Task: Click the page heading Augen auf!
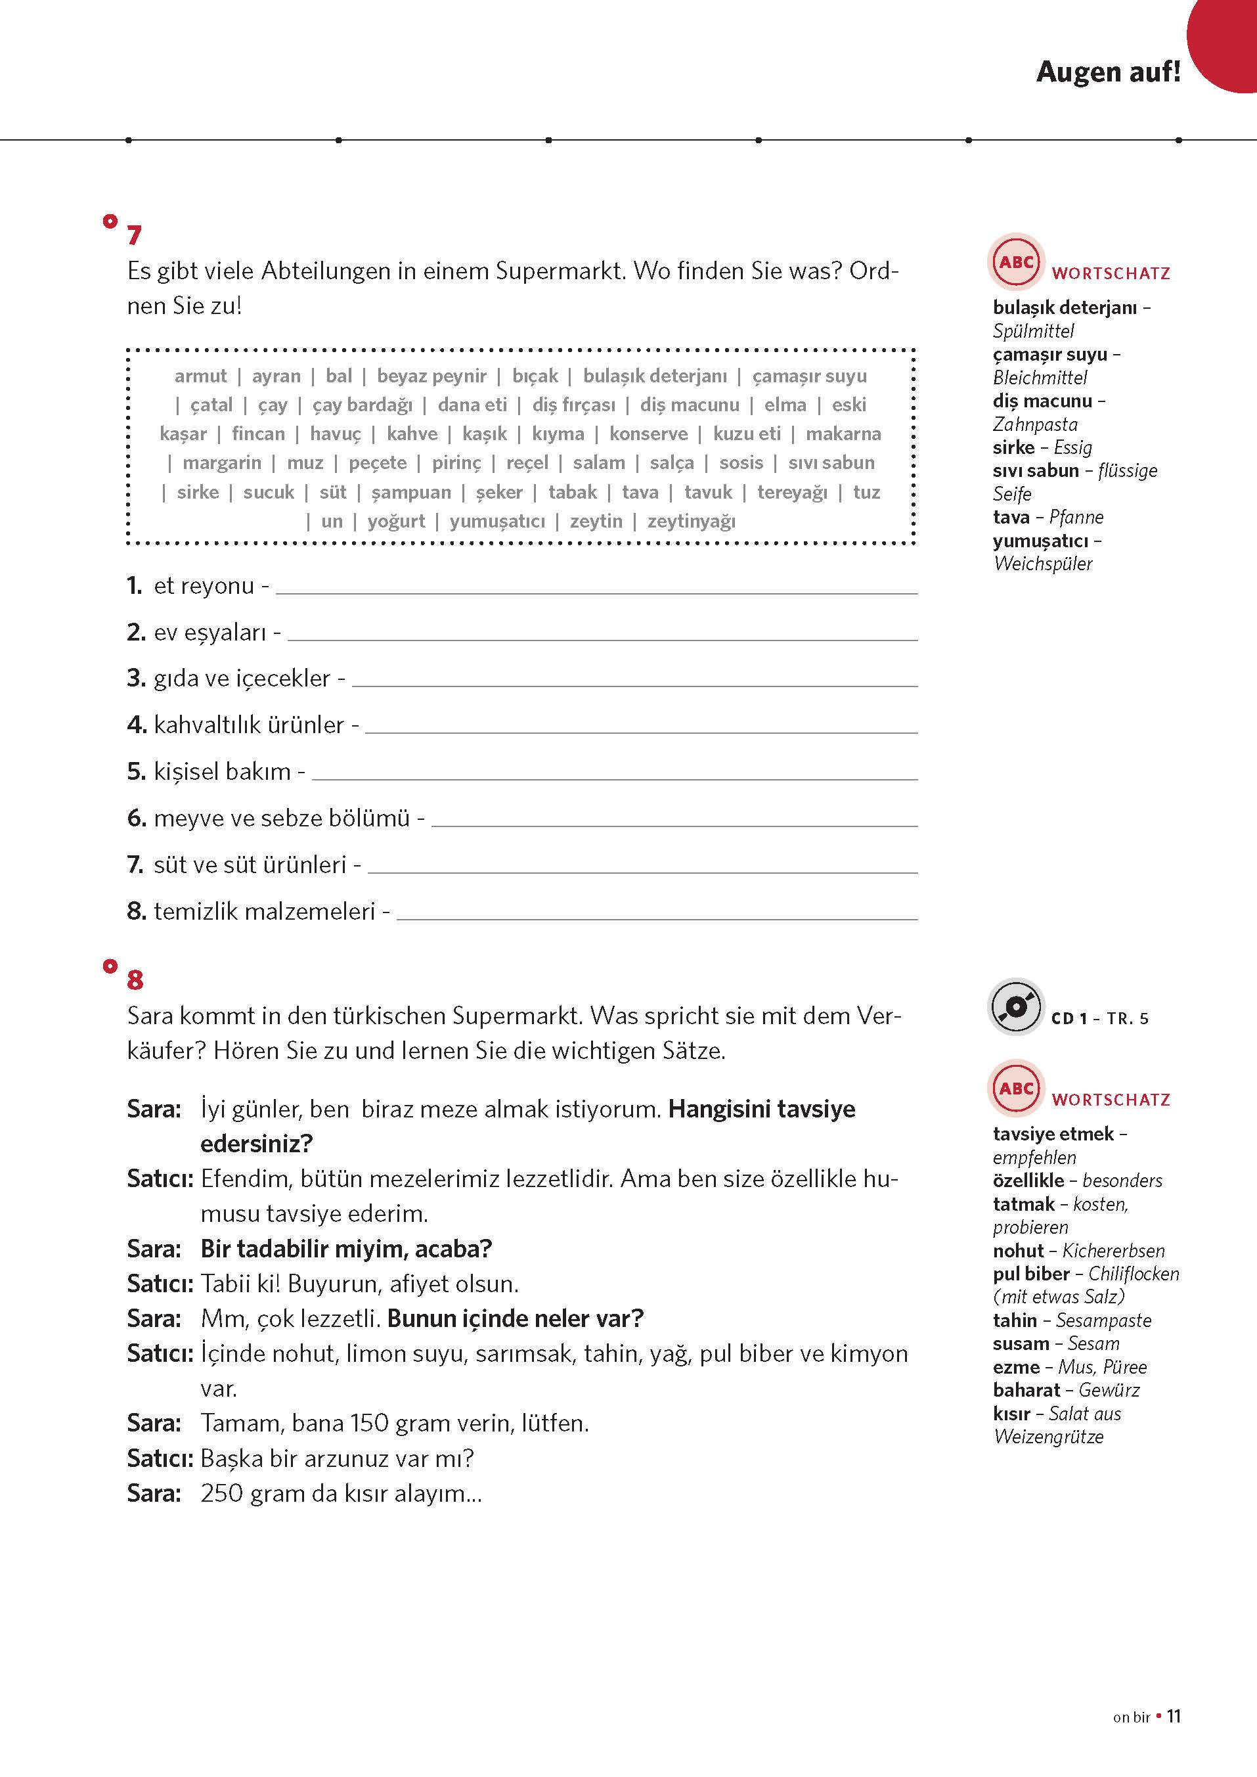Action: [x=1108, y=72]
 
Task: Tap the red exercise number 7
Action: [x=135, y=235]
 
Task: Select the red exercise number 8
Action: [x=135, y=980]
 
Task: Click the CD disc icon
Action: [x=1015, y=1006]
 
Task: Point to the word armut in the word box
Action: [x=200, y=376]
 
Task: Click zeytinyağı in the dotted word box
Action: [x=691, y=521]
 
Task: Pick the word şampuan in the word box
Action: [x=410, y=493]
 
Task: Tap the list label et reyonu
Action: [x=204, y=585]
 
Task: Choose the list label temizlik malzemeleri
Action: [x=264, y=911]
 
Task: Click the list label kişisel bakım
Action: [x=222, y=771]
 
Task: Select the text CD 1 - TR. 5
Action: [x=1100, y=1018]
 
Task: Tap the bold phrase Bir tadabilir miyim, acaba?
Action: [x=346, y=1249]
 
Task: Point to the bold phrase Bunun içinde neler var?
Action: [x=516, y=1318]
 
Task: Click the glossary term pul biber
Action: [x=1031, y=1274]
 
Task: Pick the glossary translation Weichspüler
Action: [x=1043, y=564]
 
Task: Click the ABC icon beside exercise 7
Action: [x=1015, y=261]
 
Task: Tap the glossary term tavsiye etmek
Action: [x=1053, y=1134]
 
